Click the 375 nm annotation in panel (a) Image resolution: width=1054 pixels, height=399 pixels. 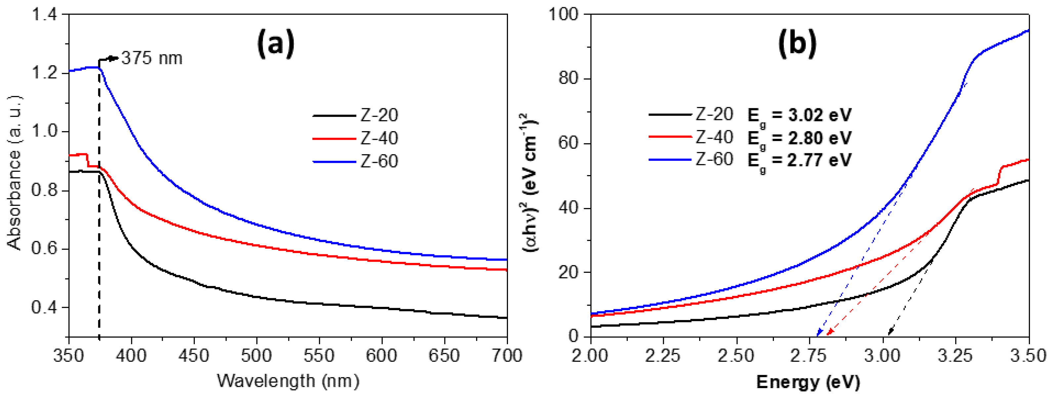151,58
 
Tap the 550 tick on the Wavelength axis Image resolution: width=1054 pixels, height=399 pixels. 319,356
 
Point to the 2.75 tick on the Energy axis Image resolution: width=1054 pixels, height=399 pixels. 809,356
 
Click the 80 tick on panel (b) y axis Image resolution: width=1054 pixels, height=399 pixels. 569,79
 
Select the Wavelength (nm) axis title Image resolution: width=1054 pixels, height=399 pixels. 288,381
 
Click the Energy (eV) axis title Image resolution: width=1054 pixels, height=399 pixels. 808,382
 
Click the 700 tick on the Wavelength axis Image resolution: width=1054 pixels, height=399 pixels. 507,356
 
